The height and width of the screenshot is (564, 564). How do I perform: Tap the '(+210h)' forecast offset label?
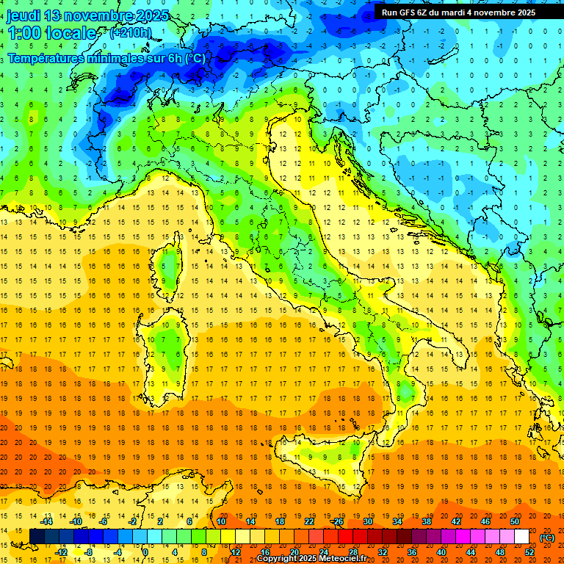pyautogui.click(x=131, y=32)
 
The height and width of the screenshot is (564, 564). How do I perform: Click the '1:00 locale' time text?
pyautogui.click(x=52, y=33)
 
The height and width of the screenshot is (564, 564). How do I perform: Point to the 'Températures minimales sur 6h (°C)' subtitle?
pyautogui.click(x=106, y=58)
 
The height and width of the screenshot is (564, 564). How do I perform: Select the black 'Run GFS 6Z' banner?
pyautogui.click(x=458, y=12)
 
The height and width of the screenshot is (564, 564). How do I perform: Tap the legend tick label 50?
pyautogui.click(x=514, y=521)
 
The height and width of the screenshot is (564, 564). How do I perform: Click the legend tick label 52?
pyautogui.click(x=529, y=552)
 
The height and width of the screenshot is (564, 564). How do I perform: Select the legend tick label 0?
pyautogui.click(x=145, y=552)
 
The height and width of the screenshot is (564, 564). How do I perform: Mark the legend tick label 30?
pyautogui.click(x=367, y=521)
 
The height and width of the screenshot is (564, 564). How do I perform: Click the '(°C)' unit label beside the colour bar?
pyautogui.click(x=547, y=538)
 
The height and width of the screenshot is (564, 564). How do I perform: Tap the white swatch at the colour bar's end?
pyautogui.click(x=521, y=537)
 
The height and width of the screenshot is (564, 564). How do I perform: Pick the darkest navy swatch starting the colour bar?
pyautogui.click(x=37, y=537)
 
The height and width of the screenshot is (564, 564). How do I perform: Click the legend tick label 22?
pyautogui.click(x=308, y=521)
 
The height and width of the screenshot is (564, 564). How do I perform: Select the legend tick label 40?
pyautogui.click(x=441, y=552)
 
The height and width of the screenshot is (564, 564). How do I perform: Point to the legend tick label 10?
pyautogui.click(x=220, y=521)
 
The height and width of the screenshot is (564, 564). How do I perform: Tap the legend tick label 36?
pyautogui.click(x=412, y=552)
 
